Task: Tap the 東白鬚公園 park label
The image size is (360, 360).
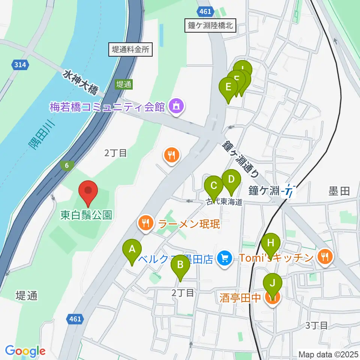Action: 86,215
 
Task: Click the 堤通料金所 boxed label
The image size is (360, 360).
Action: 130,49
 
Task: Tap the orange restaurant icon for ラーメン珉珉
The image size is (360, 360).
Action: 145,223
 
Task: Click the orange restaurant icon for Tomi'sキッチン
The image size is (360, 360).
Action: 324,257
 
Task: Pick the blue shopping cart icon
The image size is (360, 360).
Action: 225,258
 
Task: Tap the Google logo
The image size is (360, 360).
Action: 25,351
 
